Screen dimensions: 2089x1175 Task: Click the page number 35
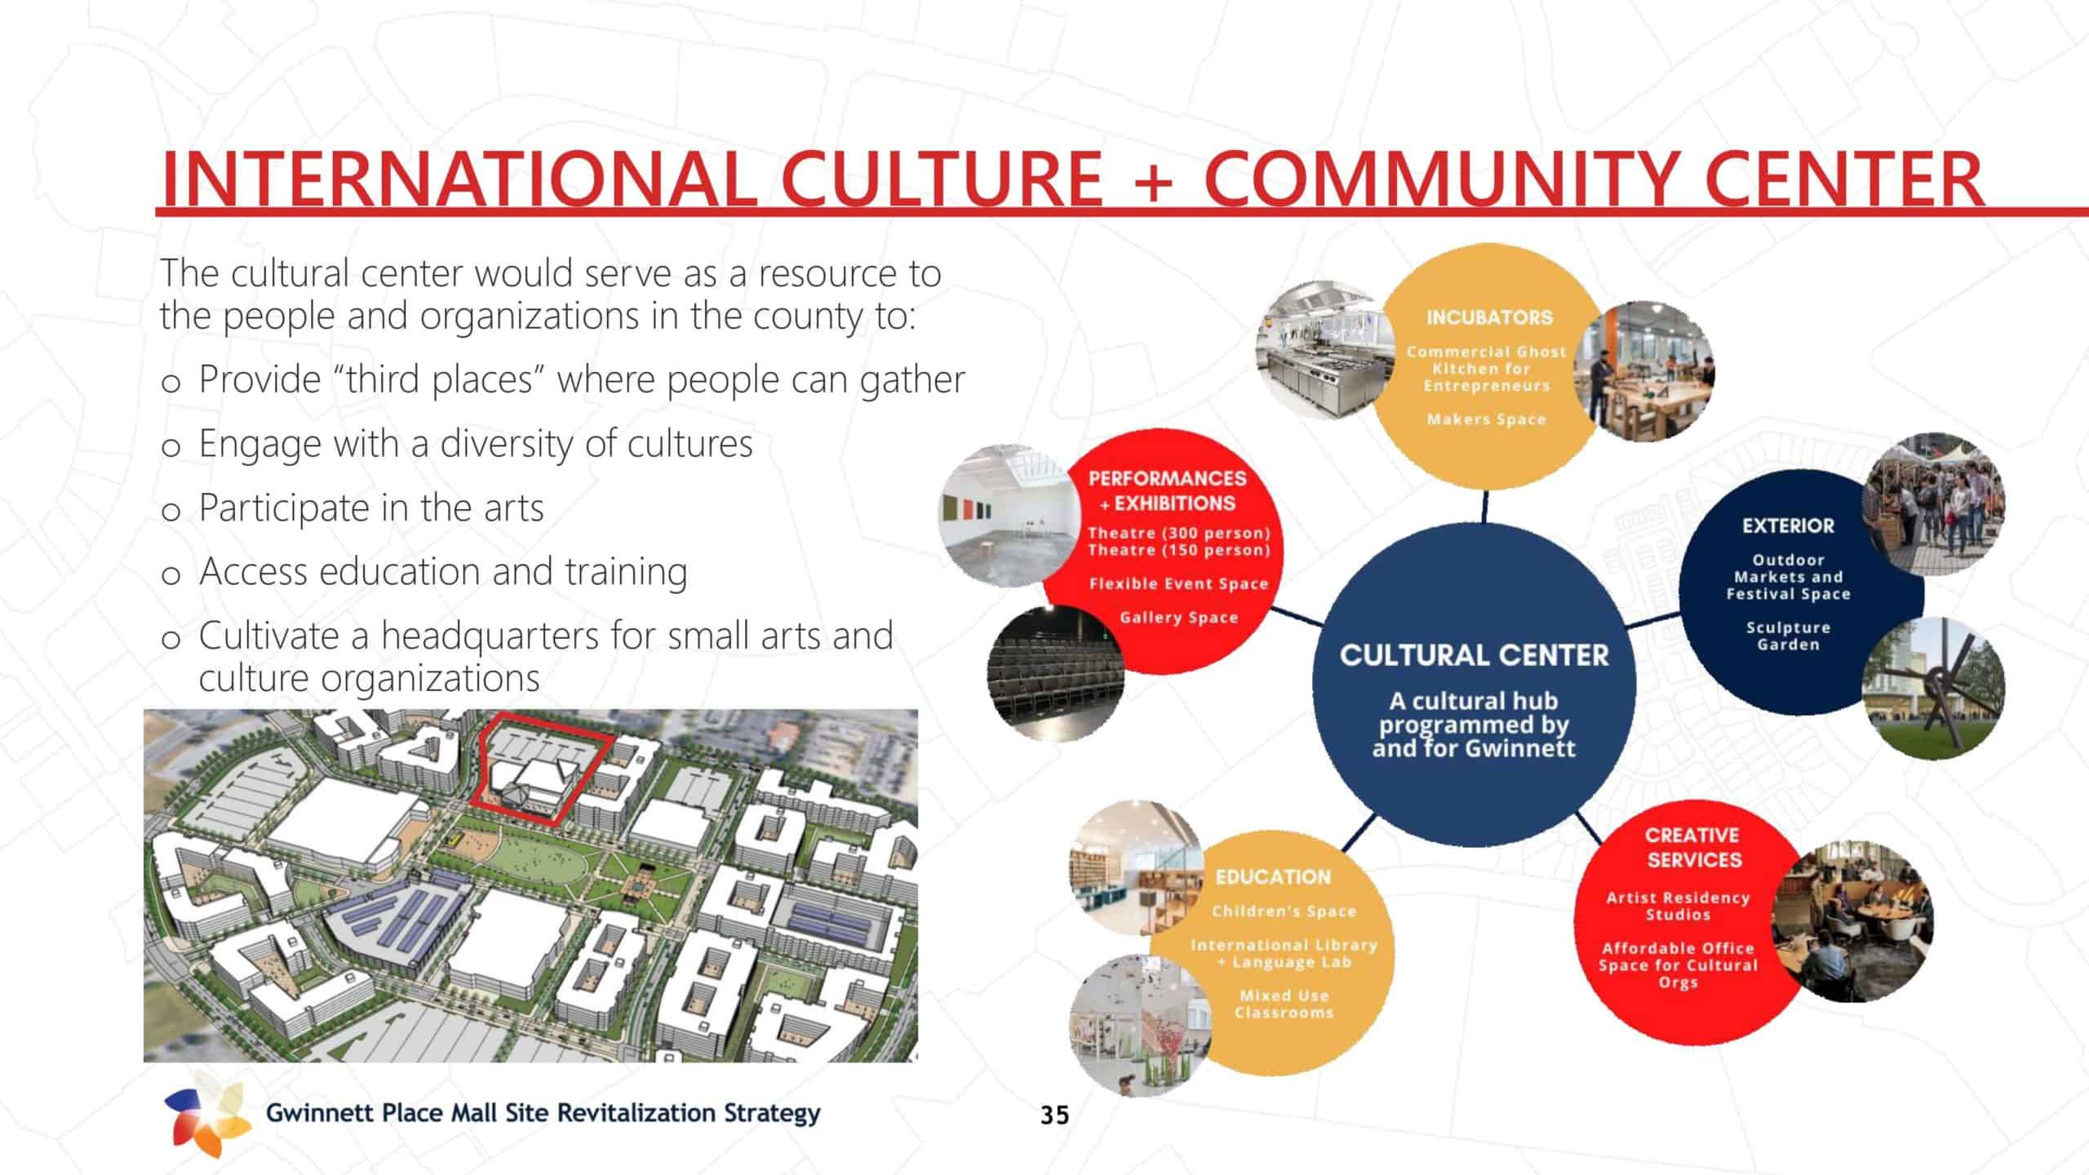pos(1054,1115)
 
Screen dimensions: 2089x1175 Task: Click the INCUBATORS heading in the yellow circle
pos(1489,317)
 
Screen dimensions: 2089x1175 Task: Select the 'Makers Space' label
pos(1487,419)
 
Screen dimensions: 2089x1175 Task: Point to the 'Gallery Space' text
pos(1178,618)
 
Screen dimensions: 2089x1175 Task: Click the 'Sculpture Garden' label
pos(1788,636)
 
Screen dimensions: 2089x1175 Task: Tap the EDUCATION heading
pos(1273,877)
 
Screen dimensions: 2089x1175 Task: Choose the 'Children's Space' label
pos(1284,911)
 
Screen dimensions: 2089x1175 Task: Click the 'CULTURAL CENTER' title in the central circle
pos(1474,655)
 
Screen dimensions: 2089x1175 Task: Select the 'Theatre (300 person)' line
pos(1179,533)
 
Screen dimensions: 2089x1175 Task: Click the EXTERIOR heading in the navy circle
pos(1788,526)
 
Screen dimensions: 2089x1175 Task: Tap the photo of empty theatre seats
pos(1054,674)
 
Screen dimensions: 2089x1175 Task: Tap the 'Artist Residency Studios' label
pos(1678,906)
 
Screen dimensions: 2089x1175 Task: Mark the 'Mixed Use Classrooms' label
pos(1284,1004)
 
